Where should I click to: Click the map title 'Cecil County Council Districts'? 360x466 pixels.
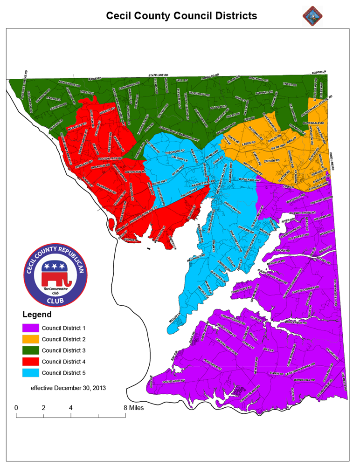click(x=181, y=16)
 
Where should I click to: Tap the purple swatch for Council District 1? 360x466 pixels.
click(x=30, y=328)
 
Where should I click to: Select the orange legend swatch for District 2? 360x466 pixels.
click(x=30, y=339)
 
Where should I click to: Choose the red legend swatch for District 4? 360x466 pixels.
click(x=30, y=361)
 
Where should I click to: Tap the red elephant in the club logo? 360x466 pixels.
click(x=55, y=278)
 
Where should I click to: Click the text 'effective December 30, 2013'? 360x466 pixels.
click(x=68, y=388)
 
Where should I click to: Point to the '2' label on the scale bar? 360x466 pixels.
click(x=43, y=407)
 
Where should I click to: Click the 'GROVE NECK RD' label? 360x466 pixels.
click(x=173, y=381)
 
